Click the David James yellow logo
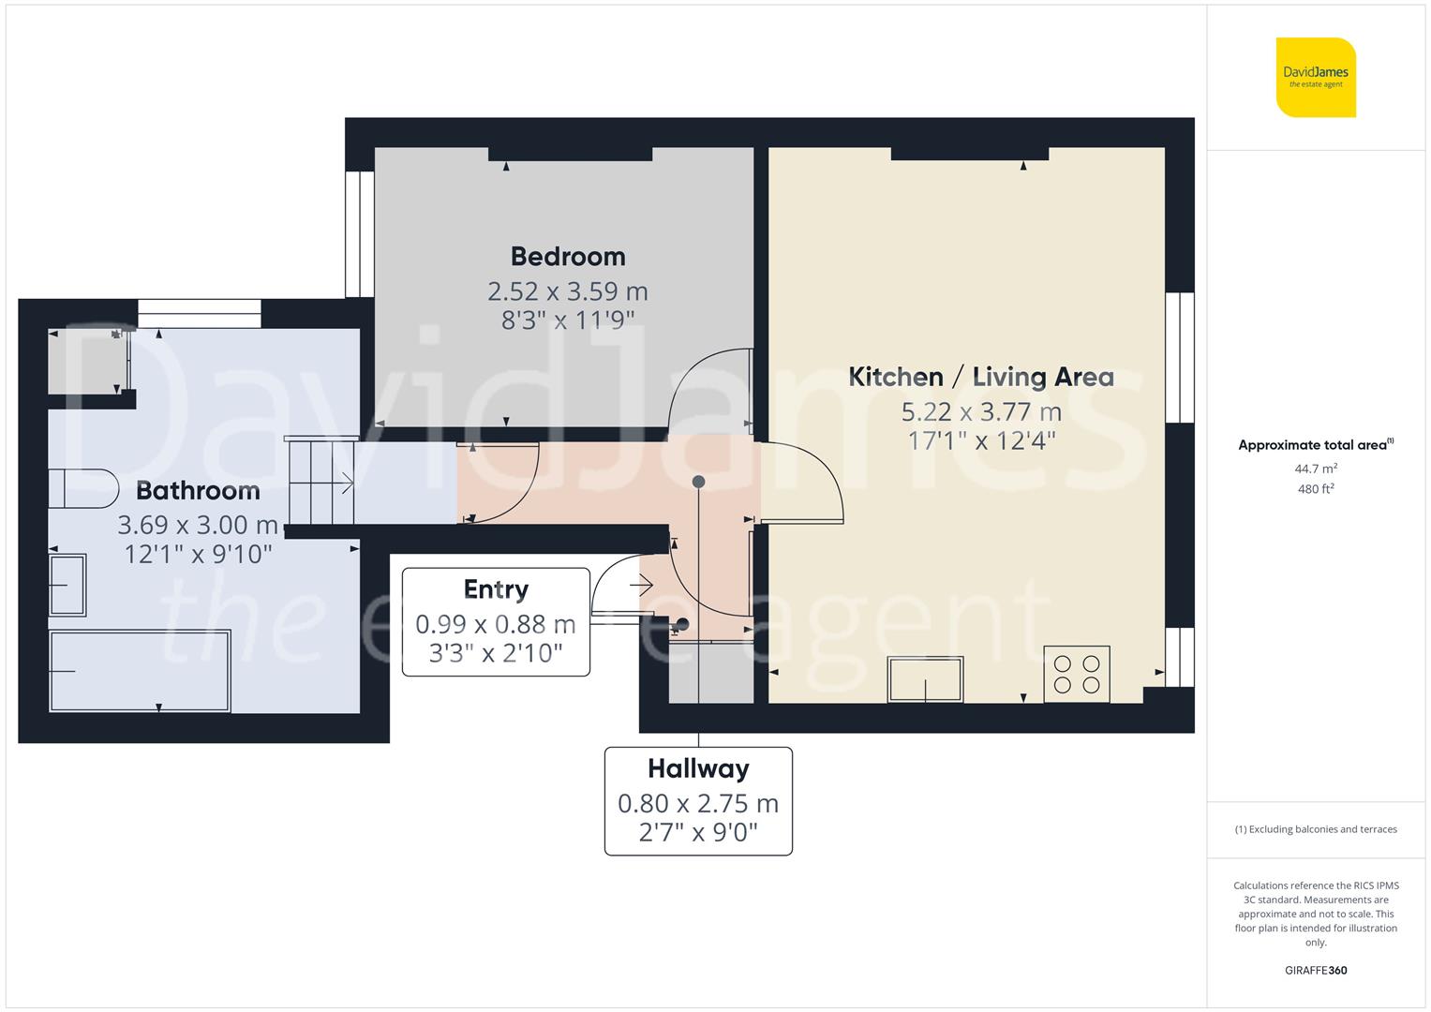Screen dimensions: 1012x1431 1316,77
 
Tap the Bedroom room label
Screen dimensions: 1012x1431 567,257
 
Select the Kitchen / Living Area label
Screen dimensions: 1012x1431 980,377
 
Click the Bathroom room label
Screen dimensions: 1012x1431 198,490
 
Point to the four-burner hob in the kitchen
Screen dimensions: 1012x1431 1077,674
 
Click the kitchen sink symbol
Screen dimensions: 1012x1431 926,679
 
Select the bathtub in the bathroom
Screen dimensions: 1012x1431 140,671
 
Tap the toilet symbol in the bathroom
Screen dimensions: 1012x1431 82,488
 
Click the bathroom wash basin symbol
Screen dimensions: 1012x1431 67,585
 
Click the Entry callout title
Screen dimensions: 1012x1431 496,589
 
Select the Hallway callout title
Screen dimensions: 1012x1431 698,769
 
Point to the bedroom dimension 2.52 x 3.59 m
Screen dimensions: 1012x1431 567,291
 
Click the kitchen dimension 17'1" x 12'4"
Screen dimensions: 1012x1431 981,440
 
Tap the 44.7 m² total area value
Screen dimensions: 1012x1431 1316,468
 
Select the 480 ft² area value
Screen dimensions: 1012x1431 1316,488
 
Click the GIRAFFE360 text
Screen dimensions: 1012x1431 1316,970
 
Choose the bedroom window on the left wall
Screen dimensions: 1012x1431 359,233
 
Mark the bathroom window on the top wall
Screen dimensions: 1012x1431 199,313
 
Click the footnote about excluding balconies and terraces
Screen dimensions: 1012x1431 1316,829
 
